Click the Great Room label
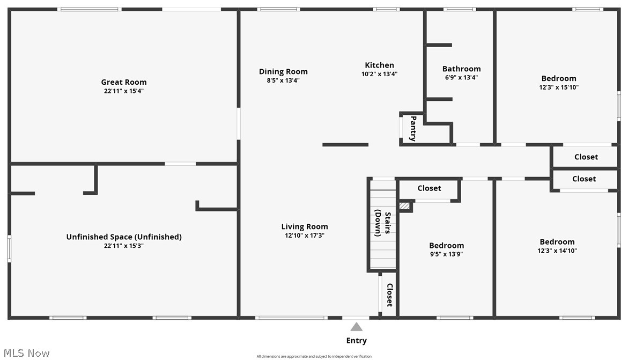124,82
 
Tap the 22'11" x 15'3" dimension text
124,246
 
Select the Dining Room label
283,71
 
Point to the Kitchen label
379,65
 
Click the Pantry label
413,128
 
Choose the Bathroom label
461,69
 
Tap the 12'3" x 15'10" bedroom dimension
559,87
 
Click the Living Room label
305,226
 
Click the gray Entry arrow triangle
356,327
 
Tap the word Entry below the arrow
356,341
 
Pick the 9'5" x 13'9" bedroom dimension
446,254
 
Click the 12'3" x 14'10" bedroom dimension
557,251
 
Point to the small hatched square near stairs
404,205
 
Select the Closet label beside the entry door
389,295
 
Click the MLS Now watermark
25,352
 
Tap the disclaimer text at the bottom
314,356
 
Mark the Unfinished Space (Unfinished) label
124,237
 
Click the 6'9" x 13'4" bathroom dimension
461,77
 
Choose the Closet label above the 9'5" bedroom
429,188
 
